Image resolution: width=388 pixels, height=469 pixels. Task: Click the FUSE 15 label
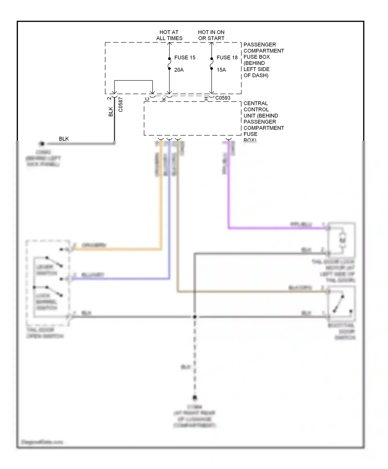(x=185, y=57)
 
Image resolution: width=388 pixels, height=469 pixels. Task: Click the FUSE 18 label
(x=227, y=57)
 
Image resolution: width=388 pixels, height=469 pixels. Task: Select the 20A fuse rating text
(x=179, y=70)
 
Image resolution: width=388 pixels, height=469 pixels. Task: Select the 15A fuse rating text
(x=221, y=70)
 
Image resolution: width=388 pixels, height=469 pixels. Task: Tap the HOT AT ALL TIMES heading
(x=169, y=35)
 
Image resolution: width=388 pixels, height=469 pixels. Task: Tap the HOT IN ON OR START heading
(x=211, y=35)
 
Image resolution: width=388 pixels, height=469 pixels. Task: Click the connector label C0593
(x=223, y=98)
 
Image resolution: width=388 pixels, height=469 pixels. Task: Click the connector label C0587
(x=121, y=104)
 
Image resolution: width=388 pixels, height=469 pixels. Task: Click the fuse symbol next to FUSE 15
(x=169, y=64)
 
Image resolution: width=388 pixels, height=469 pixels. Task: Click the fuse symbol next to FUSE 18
(x=212, y=64)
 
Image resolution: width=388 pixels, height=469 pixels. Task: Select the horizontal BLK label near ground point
(x=64, y=139)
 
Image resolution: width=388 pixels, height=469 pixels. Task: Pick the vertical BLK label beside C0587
(x=111, y=111)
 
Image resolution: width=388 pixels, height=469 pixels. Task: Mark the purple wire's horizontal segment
(x=277, y=228)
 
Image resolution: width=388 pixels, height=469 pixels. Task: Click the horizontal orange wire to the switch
(x=116, y=249)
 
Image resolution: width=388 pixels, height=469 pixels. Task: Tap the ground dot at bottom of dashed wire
(x=195, y=397)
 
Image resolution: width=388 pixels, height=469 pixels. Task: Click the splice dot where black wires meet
(x=195, y=317)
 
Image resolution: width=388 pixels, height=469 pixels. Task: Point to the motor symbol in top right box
(x=343, y=240)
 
